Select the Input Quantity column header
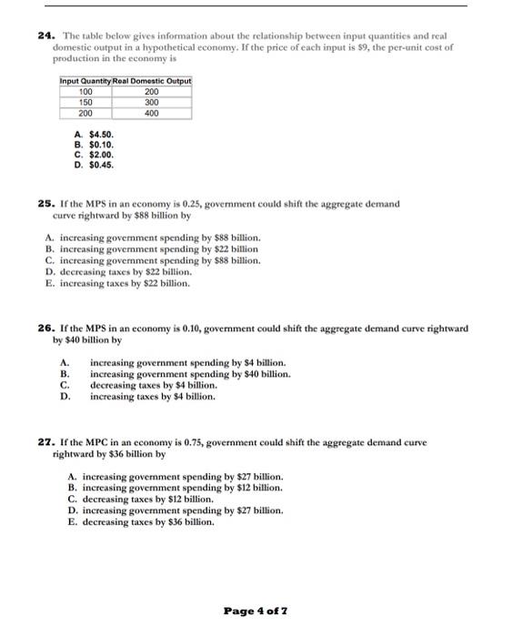click(85, 83)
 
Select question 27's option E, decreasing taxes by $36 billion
click(141, 522)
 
